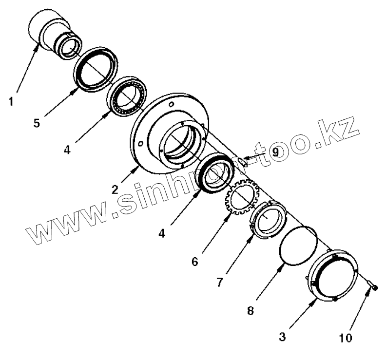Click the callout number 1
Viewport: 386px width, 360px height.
click(x=11, y=103)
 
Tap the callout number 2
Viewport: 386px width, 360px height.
click(x=115, y=189)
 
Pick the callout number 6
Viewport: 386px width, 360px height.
click(x=195, y=262)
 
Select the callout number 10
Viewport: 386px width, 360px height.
click(x=346, y=337)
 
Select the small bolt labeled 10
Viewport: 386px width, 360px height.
click(x=373, y=288)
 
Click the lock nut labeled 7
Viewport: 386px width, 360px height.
click(x=268, y=219)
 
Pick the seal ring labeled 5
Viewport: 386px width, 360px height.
click(x=95, y=70)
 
